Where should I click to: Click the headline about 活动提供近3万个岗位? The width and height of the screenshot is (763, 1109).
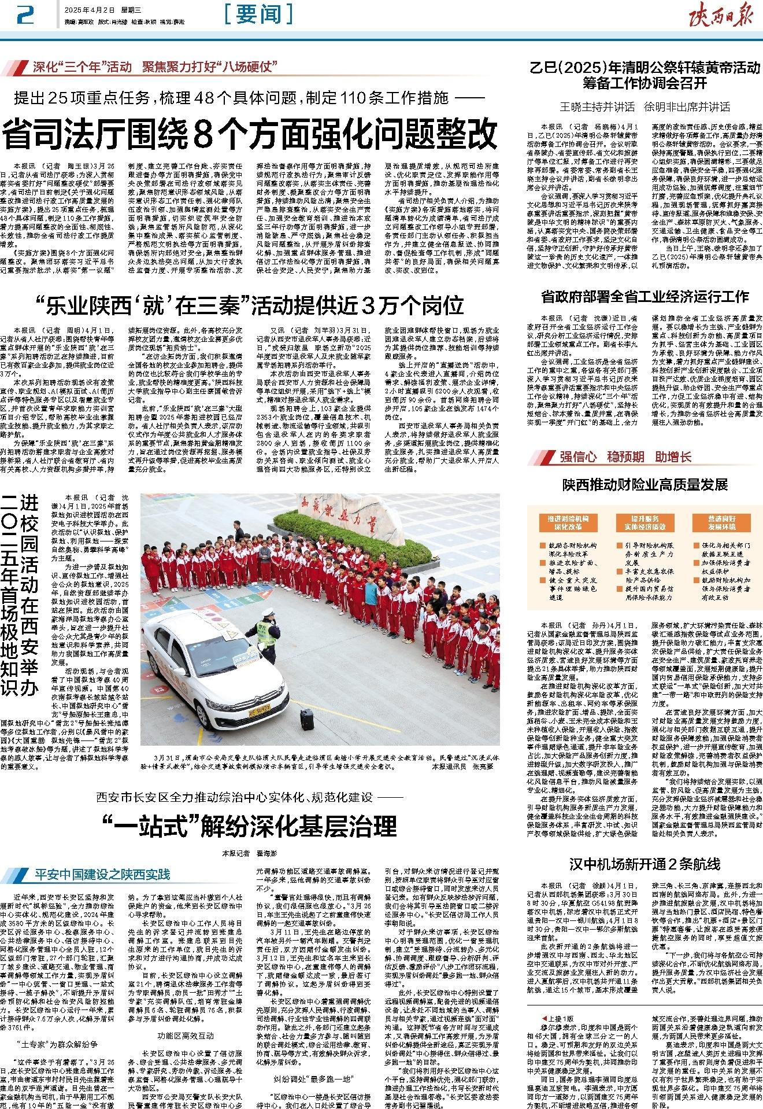tap(250, 304)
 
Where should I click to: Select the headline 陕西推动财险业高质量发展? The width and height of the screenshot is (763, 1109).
tap(645, 484)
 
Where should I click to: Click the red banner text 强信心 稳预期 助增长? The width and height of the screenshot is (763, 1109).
tap(625, 457)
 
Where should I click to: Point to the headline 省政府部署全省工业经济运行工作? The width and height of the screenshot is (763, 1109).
tap(645, 297)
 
